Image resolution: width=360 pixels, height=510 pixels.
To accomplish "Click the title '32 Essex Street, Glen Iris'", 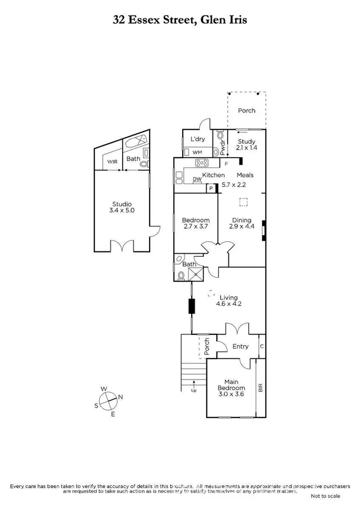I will point(180,20).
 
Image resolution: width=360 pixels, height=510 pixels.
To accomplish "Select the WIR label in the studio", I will point(112,162).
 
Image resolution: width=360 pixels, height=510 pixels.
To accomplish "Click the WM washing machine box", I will point(197,152).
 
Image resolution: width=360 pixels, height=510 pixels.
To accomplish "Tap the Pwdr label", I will point(223,148).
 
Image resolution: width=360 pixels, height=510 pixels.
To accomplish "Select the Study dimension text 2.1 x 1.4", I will point(246,147).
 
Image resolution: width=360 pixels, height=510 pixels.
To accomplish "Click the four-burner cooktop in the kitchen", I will point(200,162).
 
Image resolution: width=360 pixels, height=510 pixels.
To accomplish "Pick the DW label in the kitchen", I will point(197,179).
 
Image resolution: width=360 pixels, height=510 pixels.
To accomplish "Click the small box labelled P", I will point(210,188).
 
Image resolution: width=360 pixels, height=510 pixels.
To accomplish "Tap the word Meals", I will point(245,175).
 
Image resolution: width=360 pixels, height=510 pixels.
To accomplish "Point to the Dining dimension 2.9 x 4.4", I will point(240,227).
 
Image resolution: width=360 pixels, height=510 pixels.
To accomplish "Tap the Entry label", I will point(240,346).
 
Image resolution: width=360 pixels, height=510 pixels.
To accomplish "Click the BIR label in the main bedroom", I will point(260,388).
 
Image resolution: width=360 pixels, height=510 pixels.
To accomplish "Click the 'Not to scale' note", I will point(325,496).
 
